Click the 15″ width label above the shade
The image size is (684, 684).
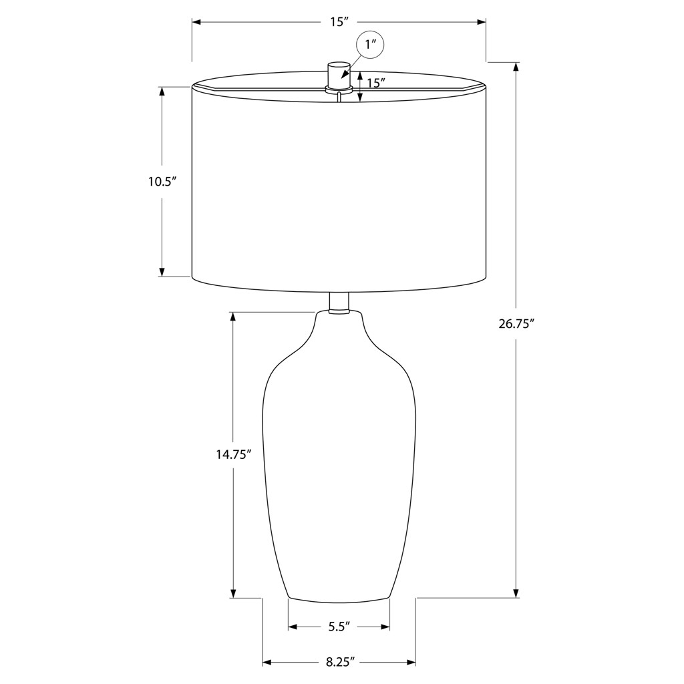(339, 22)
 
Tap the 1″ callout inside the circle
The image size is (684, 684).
(370, 44)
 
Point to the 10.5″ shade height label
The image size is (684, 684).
(162, 182)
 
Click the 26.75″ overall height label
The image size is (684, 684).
(517, 324)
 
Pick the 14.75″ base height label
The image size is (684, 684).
(234, 454)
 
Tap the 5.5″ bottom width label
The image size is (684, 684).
(339, 627)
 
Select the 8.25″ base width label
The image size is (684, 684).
(339, 662)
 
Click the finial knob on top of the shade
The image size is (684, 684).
(339, 75)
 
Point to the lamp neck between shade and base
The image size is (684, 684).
(339, 303)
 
